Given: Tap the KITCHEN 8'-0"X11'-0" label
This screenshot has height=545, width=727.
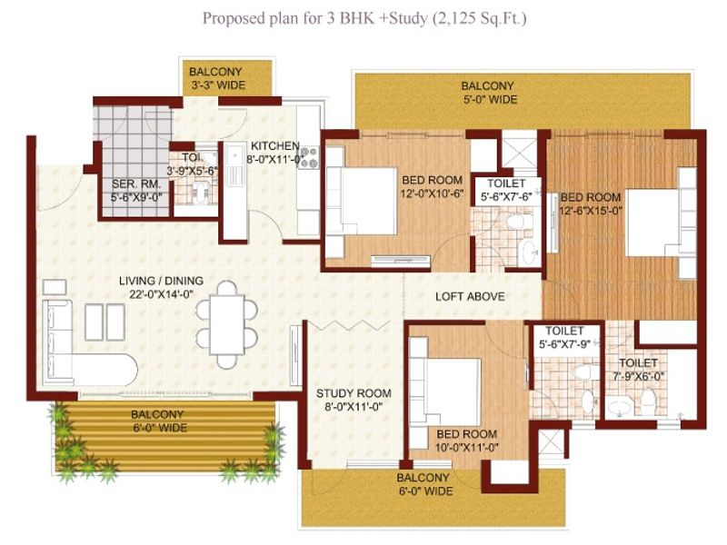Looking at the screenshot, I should click(275, 151).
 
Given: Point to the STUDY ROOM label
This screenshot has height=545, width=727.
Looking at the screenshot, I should click(354, 400).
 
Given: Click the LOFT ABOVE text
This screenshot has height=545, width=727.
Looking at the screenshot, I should click(470, 297).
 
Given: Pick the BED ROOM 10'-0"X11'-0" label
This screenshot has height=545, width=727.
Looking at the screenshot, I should click(466, 440).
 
